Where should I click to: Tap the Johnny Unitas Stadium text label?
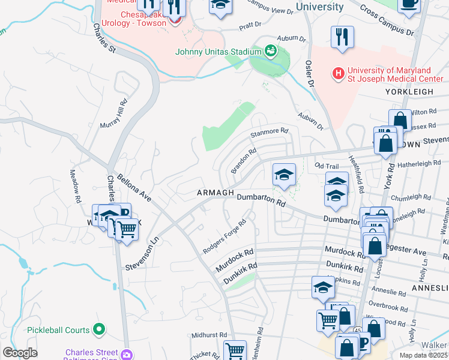point(217,52)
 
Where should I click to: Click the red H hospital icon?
point(339,74)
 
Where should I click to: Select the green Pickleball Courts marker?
point(99,329)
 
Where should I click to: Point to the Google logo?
point(20,353)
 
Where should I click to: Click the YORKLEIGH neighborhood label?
point(417,92)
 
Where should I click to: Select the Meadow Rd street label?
point(74,180)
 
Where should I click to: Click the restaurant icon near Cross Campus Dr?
point(342,37)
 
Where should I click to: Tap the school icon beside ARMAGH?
point(284,175)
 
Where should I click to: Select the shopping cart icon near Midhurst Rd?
point(235,350)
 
